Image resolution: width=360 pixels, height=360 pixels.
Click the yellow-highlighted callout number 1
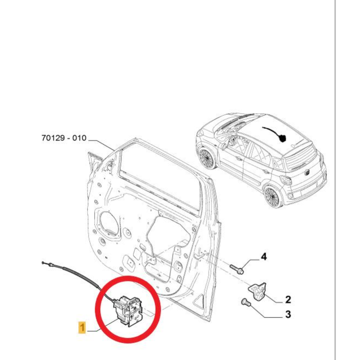(82, 328)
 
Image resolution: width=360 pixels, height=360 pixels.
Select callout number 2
(288, 299)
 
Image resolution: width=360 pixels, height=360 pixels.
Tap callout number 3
(288, 315)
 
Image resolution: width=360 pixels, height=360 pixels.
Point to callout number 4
(264, 257)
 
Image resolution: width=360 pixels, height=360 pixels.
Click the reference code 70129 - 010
(63, 138)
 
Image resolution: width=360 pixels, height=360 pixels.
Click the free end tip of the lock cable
(44, 264)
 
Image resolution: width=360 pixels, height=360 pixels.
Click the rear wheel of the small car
(273, 196)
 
